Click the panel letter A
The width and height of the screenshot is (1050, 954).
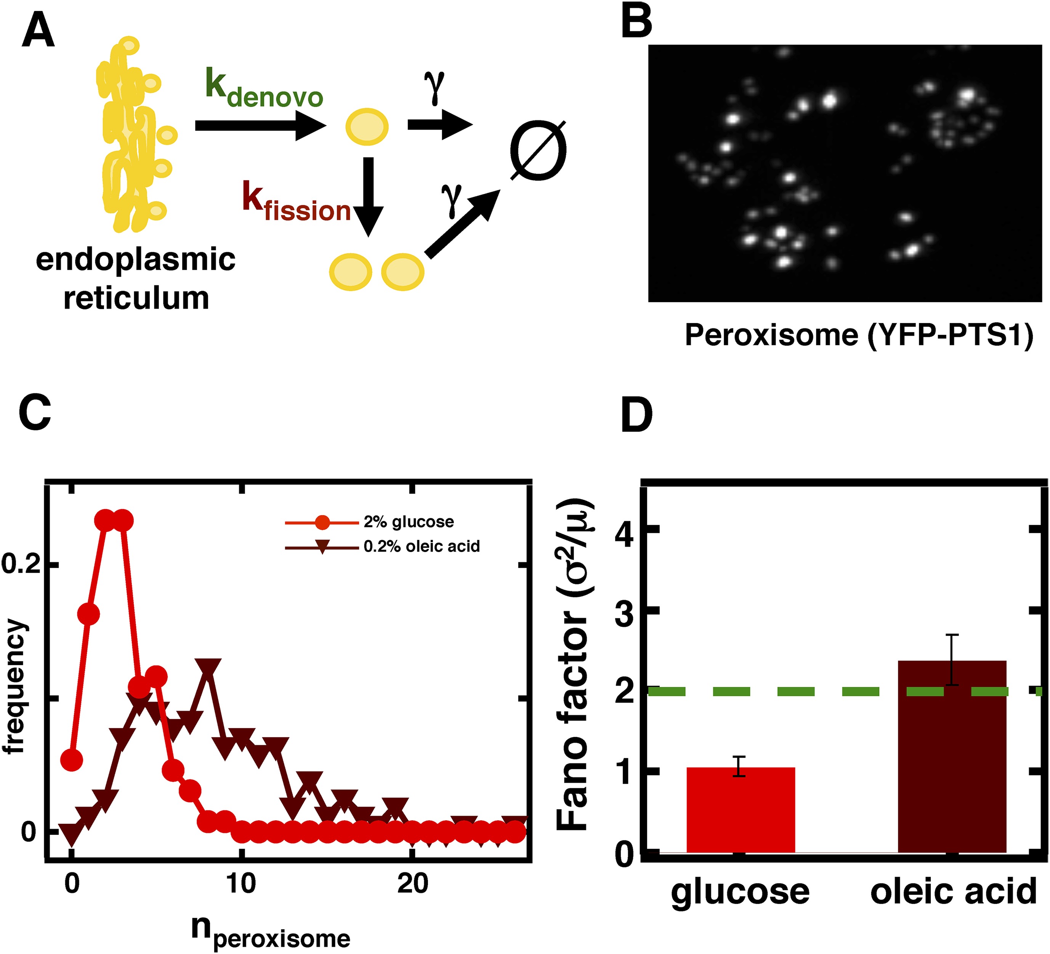[x=38, y=31]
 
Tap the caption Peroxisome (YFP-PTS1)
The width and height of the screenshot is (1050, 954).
[x=858, y=335]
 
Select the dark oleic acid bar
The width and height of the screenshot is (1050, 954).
[x=952, y=760]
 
